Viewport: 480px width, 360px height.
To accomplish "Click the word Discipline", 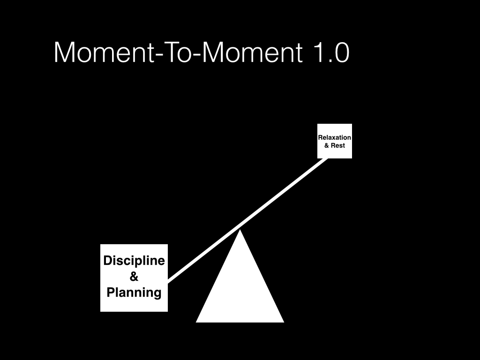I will tap(134, 261).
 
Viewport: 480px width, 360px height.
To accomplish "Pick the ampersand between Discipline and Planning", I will tap(134, 277).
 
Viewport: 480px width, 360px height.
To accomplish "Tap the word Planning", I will tap(134, 292).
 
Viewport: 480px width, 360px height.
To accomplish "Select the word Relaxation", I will tap(335, 138).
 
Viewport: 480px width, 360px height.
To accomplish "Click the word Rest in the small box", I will tap(338, 145).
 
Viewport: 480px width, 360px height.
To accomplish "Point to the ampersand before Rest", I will tap(327, 145).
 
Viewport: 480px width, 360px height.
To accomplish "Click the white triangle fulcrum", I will tap(240, 291).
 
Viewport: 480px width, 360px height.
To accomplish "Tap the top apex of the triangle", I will tap(240, 231).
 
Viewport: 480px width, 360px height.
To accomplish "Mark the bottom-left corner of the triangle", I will tap(197, 322).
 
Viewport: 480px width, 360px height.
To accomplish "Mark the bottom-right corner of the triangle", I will tap(283, 322).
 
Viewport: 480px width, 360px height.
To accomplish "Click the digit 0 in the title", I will tap(341, 52).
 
